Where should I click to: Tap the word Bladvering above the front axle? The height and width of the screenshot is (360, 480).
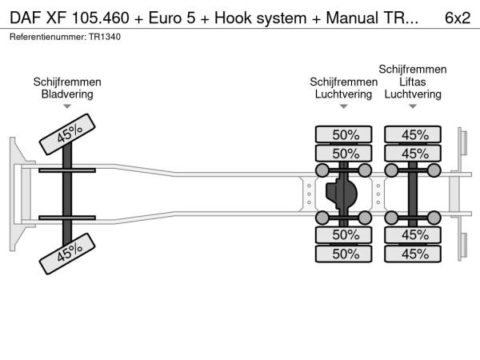click(x=67, y=94)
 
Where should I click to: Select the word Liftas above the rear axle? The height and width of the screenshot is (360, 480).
click(x=413, y=82)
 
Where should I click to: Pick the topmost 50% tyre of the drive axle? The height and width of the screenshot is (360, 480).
click(x=346, y=134)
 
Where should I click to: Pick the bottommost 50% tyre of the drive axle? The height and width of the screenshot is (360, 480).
click(x=346, y=254)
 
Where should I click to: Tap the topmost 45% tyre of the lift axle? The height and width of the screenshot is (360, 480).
click(x=414, y=134)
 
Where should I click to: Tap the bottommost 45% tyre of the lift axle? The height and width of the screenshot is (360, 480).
click(x=414, y=254)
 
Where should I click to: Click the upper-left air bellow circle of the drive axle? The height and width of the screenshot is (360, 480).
click(x=323, y=170)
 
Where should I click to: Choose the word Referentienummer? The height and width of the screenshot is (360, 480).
click(x=46, y=38)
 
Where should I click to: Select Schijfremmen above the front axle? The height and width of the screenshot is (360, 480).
click(x=67, y=82)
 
